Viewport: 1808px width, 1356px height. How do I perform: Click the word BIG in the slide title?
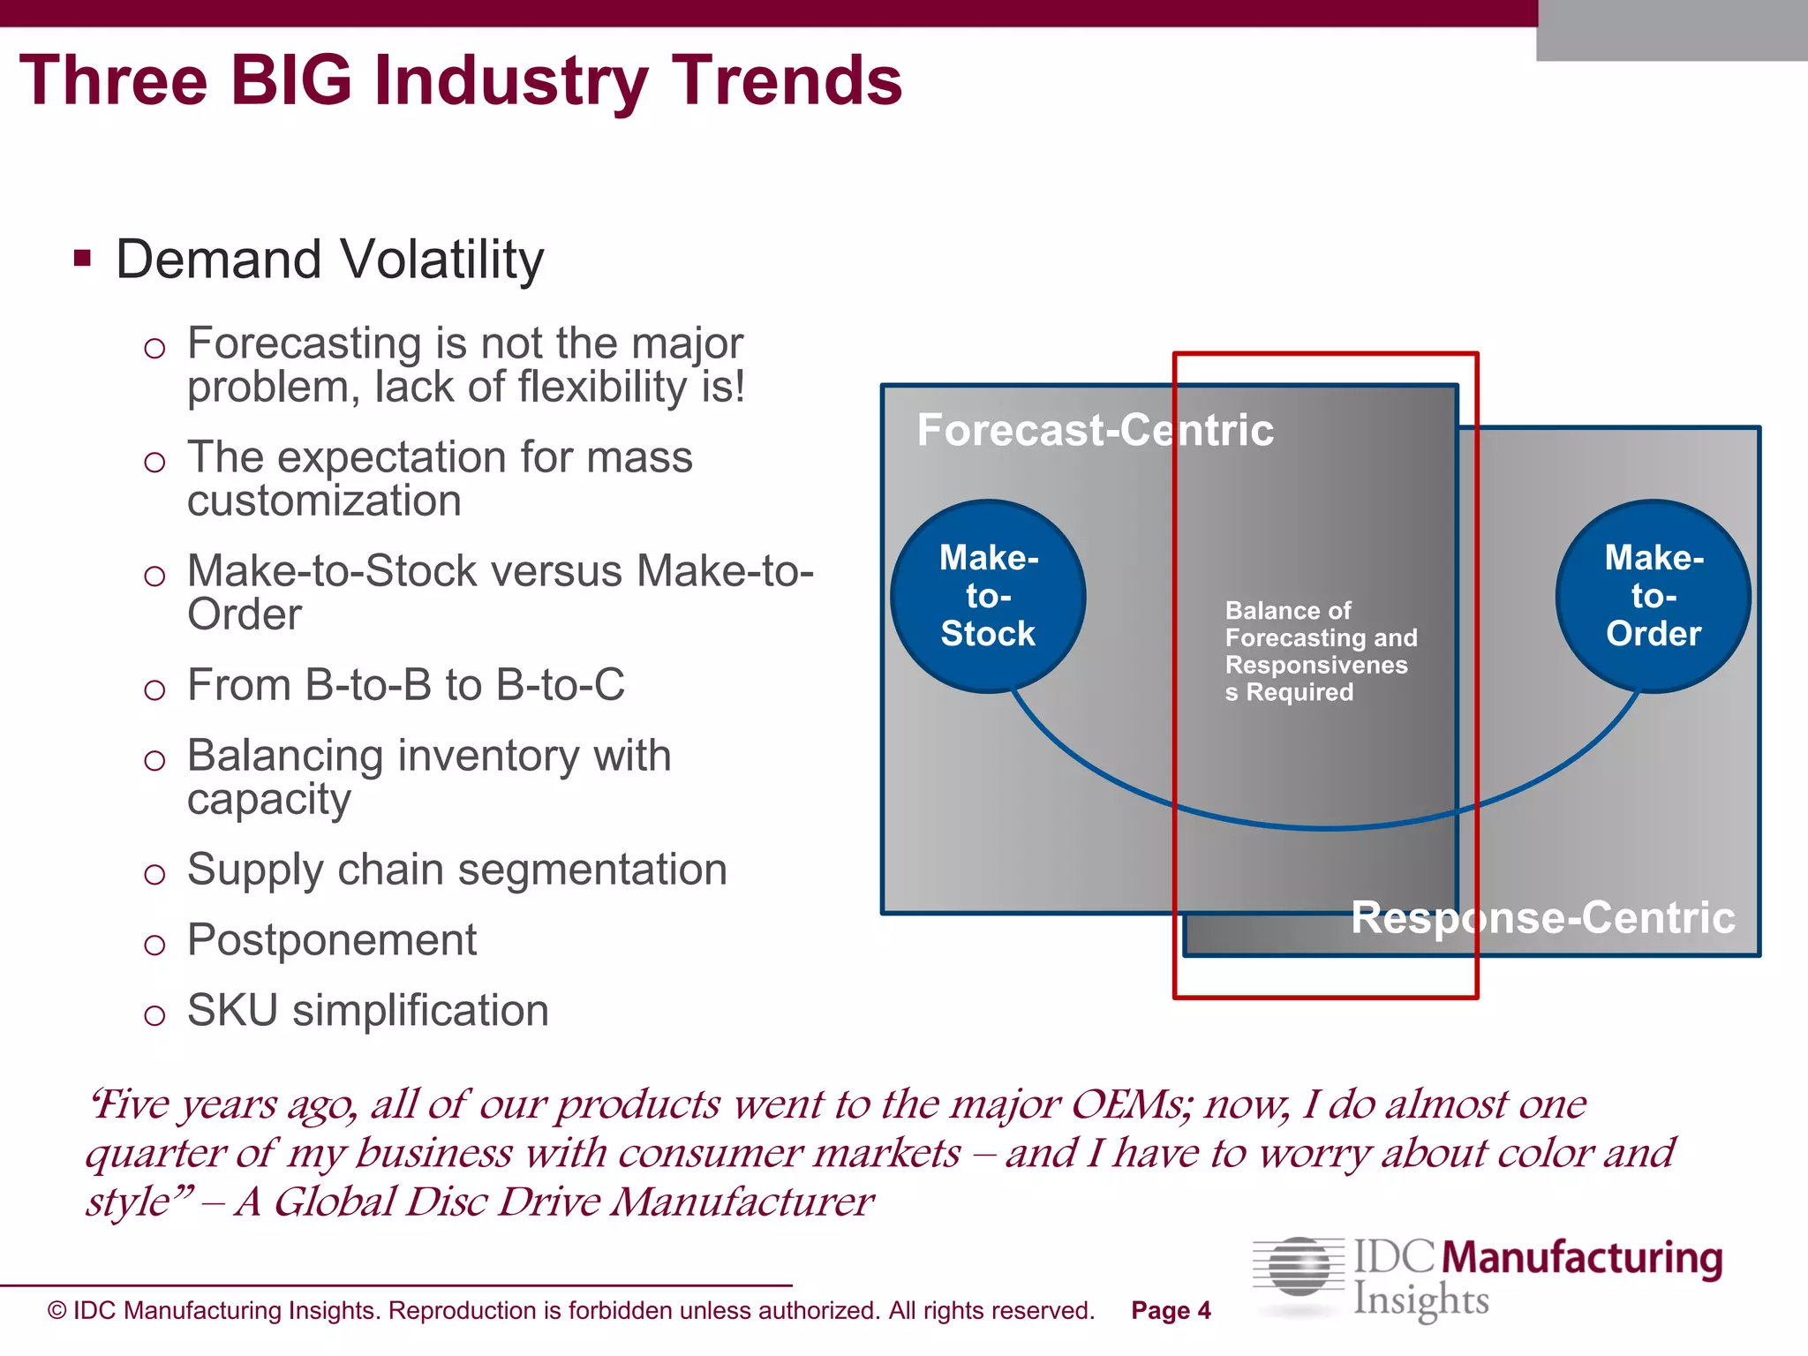click(291, 81)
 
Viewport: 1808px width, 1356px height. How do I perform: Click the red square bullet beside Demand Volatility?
click(83, 259)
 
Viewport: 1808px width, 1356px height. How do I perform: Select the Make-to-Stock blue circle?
click(988, 597)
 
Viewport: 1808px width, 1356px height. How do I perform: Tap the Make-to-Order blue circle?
click(1653, 597)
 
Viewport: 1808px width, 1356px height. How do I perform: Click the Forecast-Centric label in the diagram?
click(1095, 431)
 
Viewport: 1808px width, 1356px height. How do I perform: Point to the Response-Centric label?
click(1543, 918)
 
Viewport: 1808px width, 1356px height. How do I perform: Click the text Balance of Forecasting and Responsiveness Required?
click(1320, 652)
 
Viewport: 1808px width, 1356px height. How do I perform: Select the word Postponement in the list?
click(332, 940)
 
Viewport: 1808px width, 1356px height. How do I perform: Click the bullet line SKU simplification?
click(367, 1011)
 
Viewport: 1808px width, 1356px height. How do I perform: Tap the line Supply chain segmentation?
click(456, 870)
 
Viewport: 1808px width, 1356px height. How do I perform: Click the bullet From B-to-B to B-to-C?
click(405, 686)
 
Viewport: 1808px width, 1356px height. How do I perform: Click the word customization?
click(324, 501)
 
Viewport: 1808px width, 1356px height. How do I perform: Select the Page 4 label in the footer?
click(1171, 1311)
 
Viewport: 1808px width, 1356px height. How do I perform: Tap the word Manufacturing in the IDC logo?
click(1586, 1258)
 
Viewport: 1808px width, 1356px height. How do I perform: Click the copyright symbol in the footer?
click(57, 1311)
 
